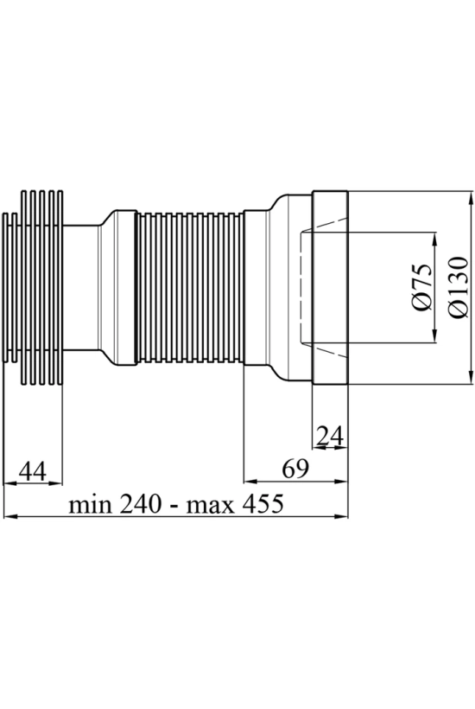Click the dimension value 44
32,471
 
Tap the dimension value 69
295,469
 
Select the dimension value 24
330,436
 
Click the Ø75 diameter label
421,287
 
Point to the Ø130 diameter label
459,287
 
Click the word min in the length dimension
90,505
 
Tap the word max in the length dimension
211,505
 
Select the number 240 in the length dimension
141,503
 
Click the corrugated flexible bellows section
190,287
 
